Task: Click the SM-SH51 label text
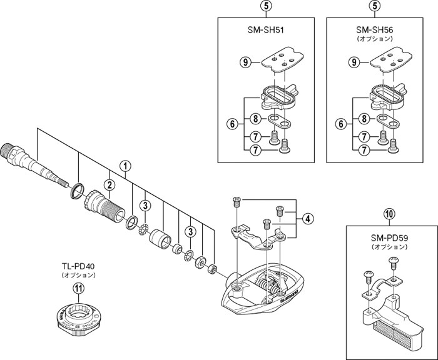click(x=266, y=30)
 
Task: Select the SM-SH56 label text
click(x=375, y=30)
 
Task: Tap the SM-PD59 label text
click(x=389, y=238)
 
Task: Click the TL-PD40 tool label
click(x=79, y=266)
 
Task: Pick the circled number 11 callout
click(x=79, y=288)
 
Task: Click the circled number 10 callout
click(x=389, y=214)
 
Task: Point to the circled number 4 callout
click(x=308, y=219)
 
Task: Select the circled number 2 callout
click(x=109, y=184)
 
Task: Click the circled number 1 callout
click(x=125, y=166)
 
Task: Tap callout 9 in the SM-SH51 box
click(x=245, y=62)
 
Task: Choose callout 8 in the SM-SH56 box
click(x=364, y=119)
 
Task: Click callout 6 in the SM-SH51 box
click(x=232, y=123)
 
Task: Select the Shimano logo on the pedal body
click(x=289, y=296)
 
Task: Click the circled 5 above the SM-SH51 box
click(x=266, y=5)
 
